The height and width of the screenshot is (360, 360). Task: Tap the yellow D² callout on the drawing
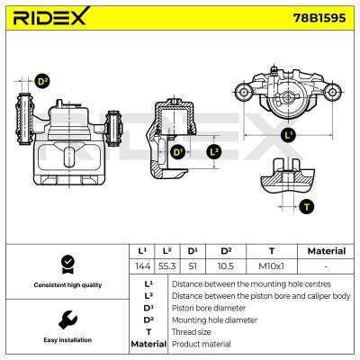point(41,82)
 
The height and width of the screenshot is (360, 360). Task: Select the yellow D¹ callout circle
point(177,152)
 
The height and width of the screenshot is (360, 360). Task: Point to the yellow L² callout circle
point(213,151)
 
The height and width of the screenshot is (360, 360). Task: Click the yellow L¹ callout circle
point(288,136)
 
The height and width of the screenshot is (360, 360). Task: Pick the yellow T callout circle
point(307,206)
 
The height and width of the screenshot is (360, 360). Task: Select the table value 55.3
point(166,266)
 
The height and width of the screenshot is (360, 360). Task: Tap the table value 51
point(192,266)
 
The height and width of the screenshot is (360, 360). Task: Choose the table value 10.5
point(226,266)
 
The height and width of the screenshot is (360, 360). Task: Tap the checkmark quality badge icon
point(66,263)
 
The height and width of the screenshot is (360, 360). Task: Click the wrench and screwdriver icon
point(66,319)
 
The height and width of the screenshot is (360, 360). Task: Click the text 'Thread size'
point(193,331)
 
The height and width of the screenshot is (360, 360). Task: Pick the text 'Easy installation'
point(66,340)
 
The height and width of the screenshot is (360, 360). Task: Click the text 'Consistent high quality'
point(66,285)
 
